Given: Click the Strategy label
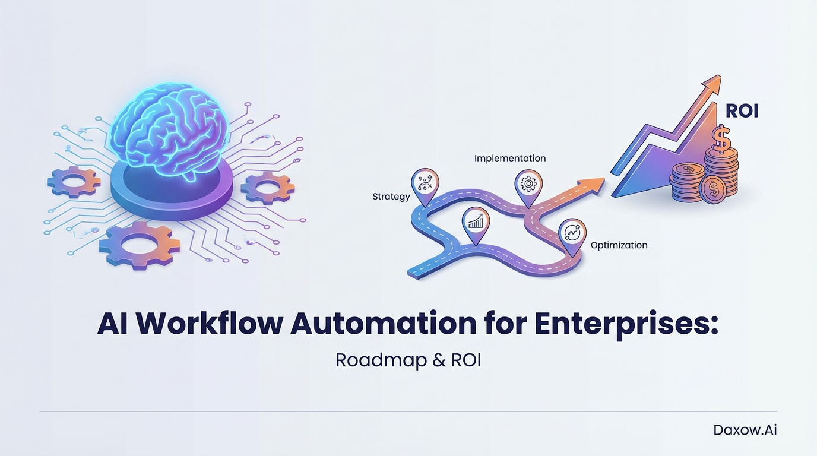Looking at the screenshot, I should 391,197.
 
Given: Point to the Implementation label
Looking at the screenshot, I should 509,159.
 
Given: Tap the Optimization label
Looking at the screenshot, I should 619,245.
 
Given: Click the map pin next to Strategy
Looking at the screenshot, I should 425,182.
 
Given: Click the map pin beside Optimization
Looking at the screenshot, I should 572,233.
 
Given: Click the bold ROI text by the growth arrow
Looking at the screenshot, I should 742,111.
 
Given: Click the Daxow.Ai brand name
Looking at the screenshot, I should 745,430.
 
